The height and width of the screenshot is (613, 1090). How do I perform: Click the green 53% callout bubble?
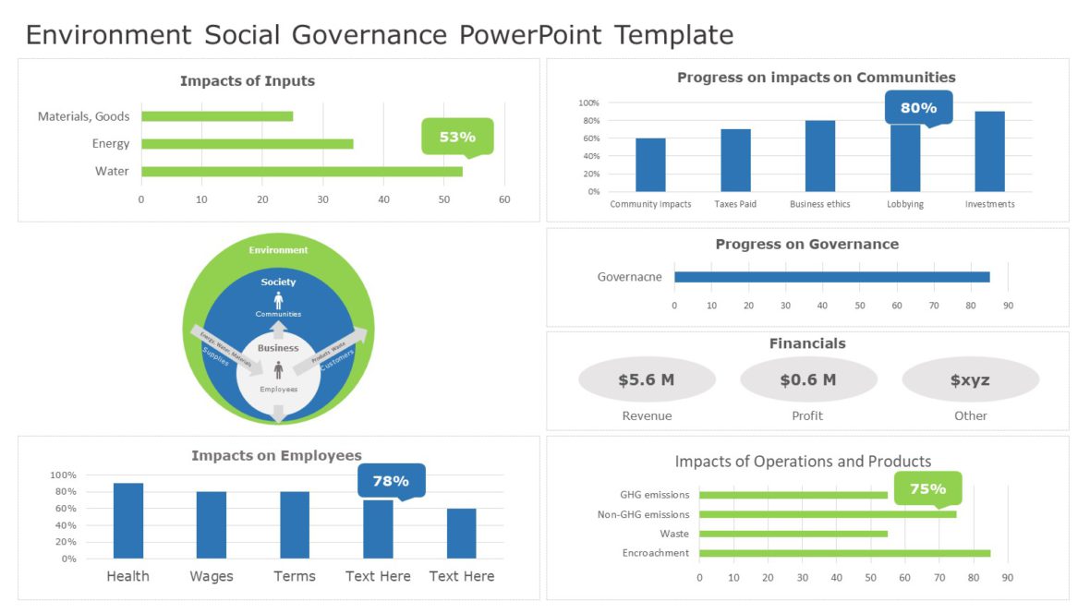pos(457,137)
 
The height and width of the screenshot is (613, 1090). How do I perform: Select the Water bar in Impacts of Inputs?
pos(302,171)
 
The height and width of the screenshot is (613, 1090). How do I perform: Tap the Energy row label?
pos(111,143)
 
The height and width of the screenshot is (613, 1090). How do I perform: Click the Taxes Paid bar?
pos(735,160)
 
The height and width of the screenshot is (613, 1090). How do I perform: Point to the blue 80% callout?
pos(918,107)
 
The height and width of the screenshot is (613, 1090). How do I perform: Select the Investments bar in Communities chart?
pos(989,151)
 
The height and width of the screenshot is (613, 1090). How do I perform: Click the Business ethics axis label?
pos(819,204)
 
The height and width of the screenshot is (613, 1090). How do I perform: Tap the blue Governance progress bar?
pos(831,277)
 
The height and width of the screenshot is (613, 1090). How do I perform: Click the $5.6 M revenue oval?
pos(647,379)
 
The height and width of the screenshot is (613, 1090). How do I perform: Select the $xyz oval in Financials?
pos(970,379)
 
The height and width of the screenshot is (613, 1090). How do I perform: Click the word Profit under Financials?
pos(807,415)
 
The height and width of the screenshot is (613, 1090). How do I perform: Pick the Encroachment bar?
pos(844,553)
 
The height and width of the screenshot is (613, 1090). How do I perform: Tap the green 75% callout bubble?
pos(927,488)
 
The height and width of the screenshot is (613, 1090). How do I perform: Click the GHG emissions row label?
pos(654,495)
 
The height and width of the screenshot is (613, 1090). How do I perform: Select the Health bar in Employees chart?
pos(128,521)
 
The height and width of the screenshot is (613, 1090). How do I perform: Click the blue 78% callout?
pos(391,481)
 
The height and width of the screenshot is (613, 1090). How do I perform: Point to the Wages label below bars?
pos(212,576)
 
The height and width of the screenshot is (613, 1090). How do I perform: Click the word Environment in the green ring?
pos(278,250)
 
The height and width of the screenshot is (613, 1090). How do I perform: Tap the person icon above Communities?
pos(278,300)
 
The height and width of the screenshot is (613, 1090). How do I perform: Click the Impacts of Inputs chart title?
pos(247,81)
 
